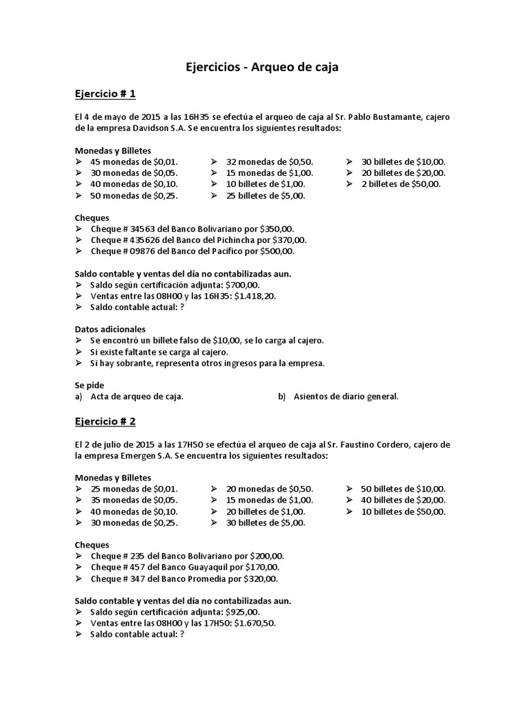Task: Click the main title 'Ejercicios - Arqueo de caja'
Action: tap(262, 67)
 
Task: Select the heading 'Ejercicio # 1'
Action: tap(106, 94)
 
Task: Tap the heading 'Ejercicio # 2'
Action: tap(106, 421)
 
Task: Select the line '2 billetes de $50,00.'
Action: tap(401, 184)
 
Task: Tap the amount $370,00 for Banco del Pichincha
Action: tap(288, 240)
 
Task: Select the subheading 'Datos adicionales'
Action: tap(109, 329)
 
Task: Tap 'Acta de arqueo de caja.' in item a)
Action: tap(137, 396)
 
